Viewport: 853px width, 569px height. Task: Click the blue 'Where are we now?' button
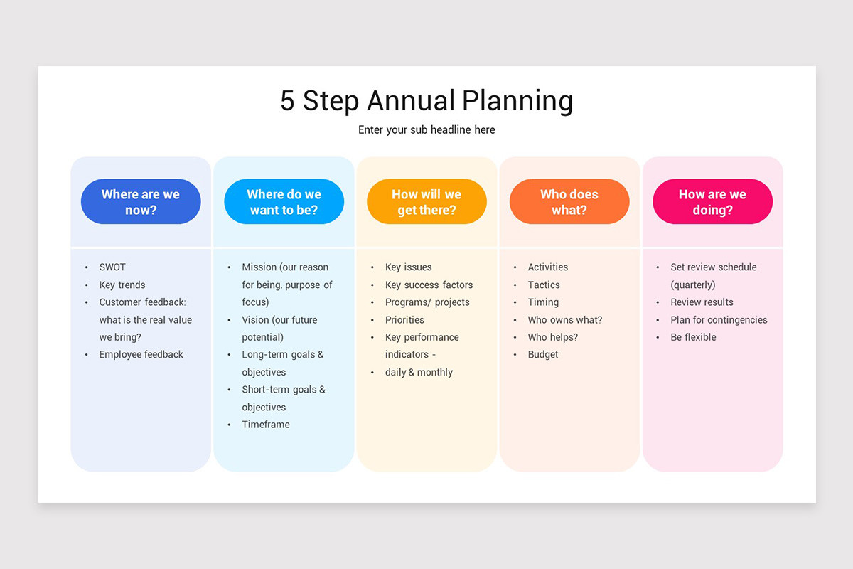pyautogui.click(x=141, y=202)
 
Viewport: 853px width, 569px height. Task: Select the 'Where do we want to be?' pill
pyautogui.click(x=284, y=202)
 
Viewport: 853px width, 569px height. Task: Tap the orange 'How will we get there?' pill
pyautogui.click(x=426, y=202)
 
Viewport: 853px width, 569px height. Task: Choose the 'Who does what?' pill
pyautogui.click(x=569, y=202)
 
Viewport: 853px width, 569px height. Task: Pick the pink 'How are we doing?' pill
pyautogui.click(x=712, y=202)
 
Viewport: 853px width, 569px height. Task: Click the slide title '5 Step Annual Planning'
pyautogui.click(x=426, y=100)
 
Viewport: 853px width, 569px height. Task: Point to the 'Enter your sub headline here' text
pyautogui.click(x=426, y=129)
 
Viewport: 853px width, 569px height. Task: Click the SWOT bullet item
pyautogui.click(x=112, y=267)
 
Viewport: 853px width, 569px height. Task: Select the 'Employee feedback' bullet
pyautogui.click(x=141, y=354)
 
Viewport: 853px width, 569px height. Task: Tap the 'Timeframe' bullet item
pyautogui.click(x=266, y=425)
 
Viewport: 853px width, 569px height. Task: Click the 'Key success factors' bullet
pyautogui.click(x=429, y=284)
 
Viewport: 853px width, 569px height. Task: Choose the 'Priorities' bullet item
pyautogui.click(x=404, y=320)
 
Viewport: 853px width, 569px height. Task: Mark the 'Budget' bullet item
pyautogui.click(x=543, y=354)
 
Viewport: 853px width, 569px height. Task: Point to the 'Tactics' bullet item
pyautogui.click(x=544, y=284)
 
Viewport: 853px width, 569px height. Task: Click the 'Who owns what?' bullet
pyautogui.click(x=565, y=320)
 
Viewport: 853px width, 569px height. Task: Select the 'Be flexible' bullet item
pyautogui.click(x=693, y=337)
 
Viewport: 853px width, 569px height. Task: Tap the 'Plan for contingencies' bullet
pyautogui.click(x=719, y=320)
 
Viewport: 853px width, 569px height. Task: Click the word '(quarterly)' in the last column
pyautogui.click(x=692, y=284)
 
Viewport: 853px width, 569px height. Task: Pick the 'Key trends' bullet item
pyautogui.click(x=122, y=284)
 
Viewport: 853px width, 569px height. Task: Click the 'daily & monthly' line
pyautogui.click(x=419, y=372)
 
